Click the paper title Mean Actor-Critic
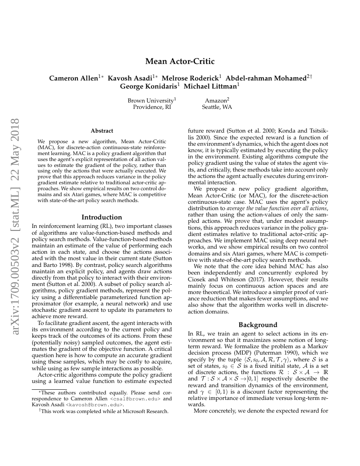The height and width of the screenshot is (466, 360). pyautogui.click(x=180, y=61)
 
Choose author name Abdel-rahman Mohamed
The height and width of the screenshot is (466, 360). pyautogui.click(x=266, y=78)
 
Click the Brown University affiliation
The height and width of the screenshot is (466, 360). pyautogui.click(x=151, y=101)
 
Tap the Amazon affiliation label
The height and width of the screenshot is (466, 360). pyautogui.click(x=216, y=101)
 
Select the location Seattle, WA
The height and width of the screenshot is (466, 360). pyautogui.click(x=217, y=107)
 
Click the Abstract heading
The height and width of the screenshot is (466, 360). pyautogui.click(x=102, y=131)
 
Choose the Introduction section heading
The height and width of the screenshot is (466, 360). pyautogui.click(x=102, y=217)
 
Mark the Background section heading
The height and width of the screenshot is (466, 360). pyautogui.click(x=258, y=325)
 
